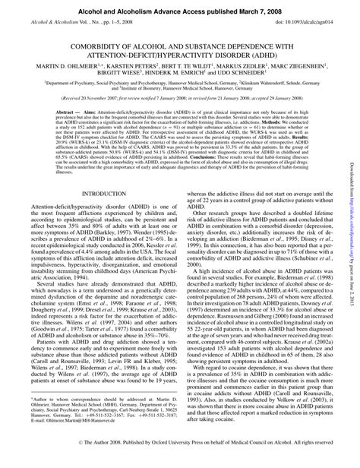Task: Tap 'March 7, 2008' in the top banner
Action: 250,8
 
